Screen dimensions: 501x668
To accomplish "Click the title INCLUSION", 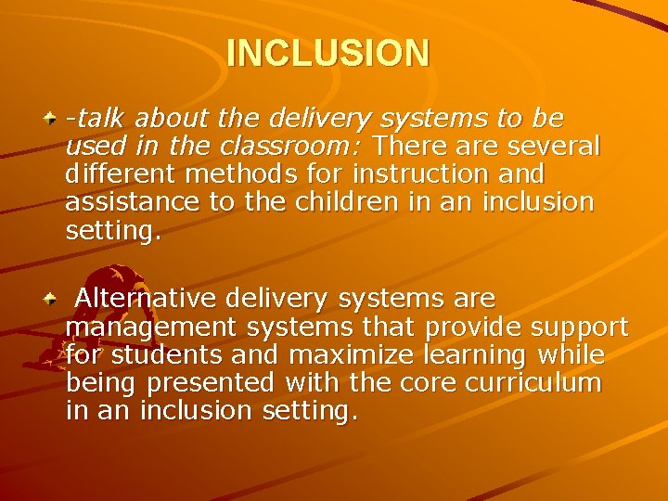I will tap(328, 53).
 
